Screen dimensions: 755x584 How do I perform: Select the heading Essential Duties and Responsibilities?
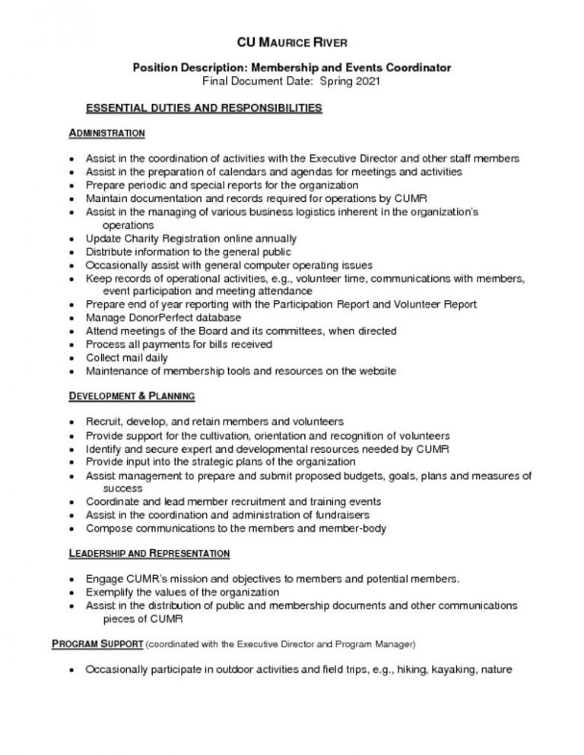click(x=203, y=108)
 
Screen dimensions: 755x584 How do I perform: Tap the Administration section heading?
click(x=106, y=133)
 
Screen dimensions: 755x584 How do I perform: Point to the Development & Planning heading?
click(x=132, y=396)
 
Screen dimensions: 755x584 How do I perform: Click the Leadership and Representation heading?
click(x=149, y=553)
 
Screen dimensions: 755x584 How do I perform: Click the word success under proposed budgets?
click(x=122, y=488)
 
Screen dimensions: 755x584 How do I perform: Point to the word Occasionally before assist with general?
click(x=120, y=265)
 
